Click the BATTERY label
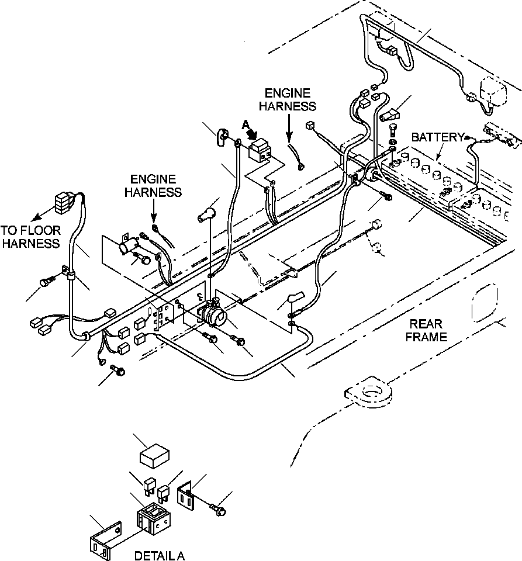click(x=437, y=137)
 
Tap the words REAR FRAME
click(x=426, y=330)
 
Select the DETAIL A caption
click(x=159, y=555)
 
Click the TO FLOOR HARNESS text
click(x=30, y=237)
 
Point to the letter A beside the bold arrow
click(x=245, y=125)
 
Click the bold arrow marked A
click(x=253, y=134)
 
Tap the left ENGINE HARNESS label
click(x=153, y=186)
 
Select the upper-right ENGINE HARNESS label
click(x=288, y=99)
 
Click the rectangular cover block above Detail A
click(x=154, y=455)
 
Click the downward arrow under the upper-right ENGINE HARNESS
click(x=289, y=126)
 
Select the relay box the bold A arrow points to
click(x=260, y=150)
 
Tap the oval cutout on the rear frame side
click(x=485, y=302)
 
